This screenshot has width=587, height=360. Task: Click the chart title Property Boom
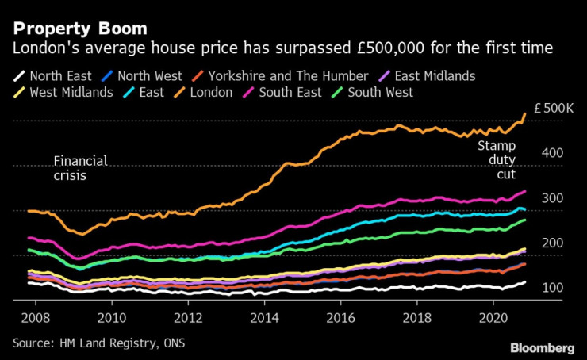pyautogui.click(x=79, y=28)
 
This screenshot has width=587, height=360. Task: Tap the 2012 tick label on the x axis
pyautogui.click(x=188, y=315)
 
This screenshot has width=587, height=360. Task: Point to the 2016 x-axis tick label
pyautogui.click(x=340, y=315)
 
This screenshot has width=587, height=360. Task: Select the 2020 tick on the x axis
pyautogui.click(x=493, y=315)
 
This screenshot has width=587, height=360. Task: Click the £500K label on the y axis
pyautogui.click(x=552, y=108)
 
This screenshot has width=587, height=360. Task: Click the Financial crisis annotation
pyautogui.click(x=80, y=169)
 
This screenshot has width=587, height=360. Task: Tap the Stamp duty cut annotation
pyautogui.click(x=496, y=159)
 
